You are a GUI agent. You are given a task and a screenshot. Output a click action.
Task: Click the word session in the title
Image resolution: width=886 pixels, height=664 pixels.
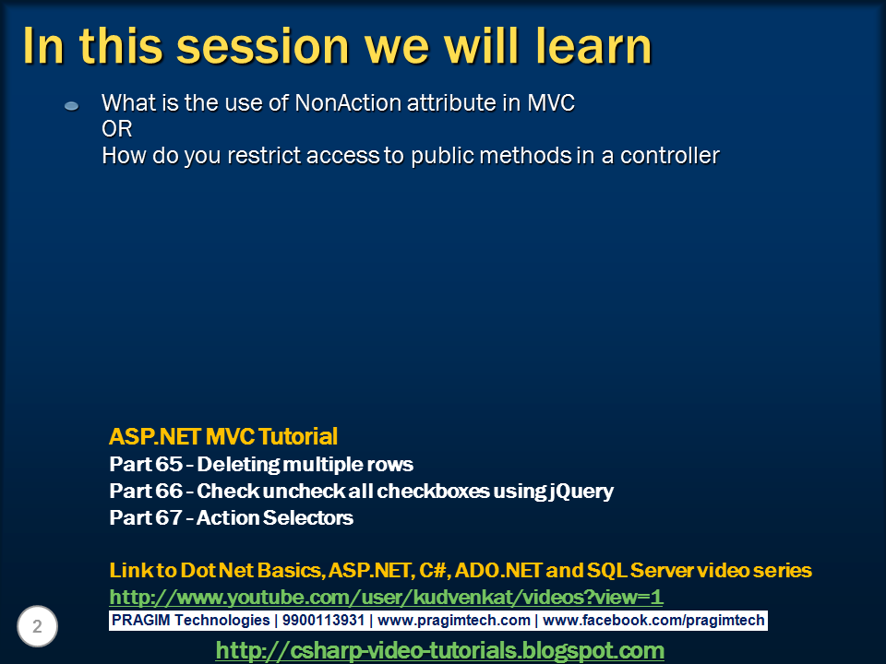click(x=263, y=46)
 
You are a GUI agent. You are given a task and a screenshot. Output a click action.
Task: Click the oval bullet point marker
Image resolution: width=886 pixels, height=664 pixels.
click(x=72, y=105)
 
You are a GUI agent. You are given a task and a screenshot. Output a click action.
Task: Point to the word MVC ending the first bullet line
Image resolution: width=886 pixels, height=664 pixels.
click(x=551, y=102)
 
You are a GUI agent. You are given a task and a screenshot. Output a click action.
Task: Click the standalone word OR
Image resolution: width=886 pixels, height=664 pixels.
click(x=117, y=129)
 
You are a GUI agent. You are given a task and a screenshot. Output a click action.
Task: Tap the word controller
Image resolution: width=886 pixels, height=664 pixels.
click(x=670, y=155)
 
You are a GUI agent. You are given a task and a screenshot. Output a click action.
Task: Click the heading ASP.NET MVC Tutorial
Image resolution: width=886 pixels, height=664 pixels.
click(x=223, y=436)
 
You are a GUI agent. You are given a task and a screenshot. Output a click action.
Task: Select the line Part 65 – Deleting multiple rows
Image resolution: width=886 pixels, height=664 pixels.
click(x=261, y=464)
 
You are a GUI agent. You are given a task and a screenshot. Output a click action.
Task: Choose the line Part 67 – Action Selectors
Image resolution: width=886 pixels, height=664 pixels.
click(x=231, y=517)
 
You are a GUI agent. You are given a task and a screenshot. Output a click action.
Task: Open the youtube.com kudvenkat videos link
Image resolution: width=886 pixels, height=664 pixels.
click(x=386, y=597)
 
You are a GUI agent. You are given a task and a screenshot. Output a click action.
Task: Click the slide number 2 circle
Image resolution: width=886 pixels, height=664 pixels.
click(x=37, y=626)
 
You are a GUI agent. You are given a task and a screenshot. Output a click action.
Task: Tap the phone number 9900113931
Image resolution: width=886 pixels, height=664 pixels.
click(x=323, y=620)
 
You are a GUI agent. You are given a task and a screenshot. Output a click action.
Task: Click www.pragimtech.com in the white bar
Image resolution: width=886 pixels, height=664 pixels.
click(x=454, y=621)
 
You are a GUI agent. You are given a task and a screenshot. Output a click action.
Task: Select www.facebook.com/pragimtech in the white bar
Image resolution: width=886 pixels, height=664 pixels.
click(x=653, y=621)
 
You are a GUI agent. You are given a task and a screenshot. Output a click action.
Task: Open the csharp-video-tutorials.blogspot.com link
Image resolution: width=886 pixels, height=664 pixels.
click(x=440, y=650)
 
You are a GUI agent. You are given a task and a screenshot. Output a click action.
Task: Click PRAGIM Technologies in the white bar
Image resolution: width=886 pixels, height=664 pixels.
click(x=190, y=621)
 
